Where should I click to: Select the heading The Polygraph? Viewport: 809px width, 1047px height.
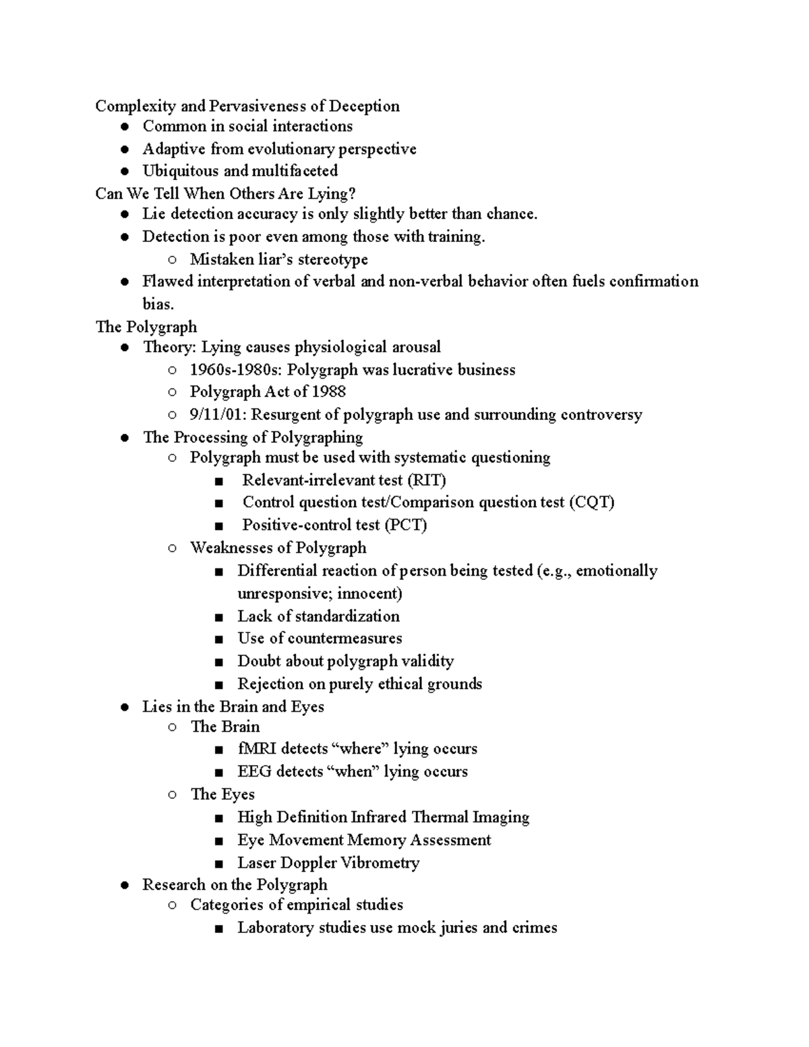pyautogui.click(x=146, y=327)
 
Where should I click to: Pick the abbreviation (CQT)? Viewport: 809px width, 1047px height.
pyautogui.click(x=591, y=502)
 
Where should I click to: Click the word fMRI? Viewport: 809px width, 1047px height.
pyautogui.click(x=257, y=749)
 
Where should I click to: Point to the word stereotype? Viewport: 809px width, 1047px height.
pyautogui.click(x=333, y=260)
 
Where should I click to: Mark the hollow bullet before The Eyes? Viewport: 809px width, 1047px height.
pyautogui.click(x=173, y=795)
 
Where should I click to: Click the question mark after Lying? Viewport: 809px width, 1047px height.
pyautogui.click(x=351, y=194)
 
